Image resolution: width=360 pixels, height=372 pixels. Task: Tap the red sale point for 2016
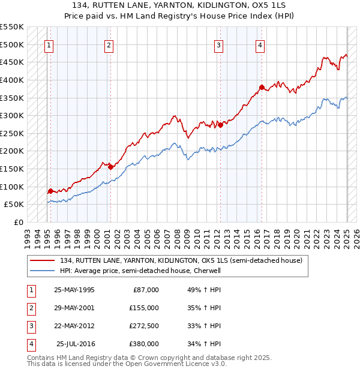coord(262,87)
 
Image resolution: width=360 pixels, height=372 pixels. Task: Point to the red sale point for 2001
coord(110,167)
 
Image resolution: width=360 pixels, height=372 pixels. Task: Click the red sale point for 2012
coord(220,125)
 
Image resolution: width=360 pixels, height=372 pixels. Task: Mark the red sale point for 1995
coord(50,191)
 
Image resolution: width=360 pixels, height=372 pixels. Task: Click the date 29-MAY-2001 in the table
coord(74,307)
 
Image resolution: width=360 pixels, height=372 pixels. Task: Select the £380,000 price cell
coord(144,344)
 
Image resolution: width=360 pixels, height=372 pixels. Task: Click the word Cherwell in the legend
coord(209,271)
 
